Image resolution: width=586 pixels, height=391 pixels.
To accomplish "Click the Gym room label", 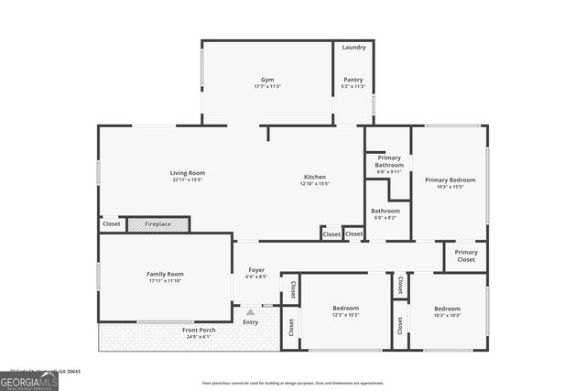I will tap(266, 80).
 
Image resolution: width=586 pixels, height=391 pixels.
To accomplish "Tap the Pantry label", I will tap(353, 80).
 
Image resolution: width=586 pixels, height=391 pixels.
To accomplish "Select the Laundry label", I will tap(353, 47).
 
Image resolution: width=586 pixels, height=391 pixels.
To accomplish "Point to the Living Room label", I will tap(187, 172).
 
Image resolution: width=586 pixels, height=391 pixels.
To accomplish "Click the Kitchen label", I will tap(315, 177).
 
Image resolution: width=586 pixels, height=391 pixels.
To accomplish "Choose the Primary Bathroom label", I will tap(389, 161).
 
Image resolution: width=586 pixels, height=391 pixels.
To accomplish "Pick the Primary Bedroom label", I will tap(450, 179).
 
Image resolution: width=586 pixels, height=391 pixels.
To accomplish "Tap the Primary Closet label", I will tap(466, 255).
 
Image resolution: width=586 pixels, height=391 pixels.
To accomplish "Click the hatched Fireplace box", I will tap(157, 223).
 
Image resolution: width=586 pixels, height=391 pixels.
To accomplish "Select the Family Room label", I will tap(165, 274).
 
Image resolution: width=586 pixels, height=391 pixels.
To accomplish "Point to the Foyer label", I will tap(256, 270).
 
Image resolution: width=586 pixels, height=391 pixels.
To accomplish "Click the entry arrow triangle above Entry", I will tap(250, 312).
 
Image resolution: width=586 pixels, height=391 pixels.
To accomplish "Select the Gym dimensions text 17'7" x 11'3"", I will tap(266, 86).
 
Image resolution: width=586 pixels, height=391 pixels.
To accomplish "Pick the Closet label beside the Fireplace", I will tap(111, 223).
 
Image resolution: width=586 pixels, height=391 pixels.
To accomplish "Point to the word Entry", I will tap(250, 322).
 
